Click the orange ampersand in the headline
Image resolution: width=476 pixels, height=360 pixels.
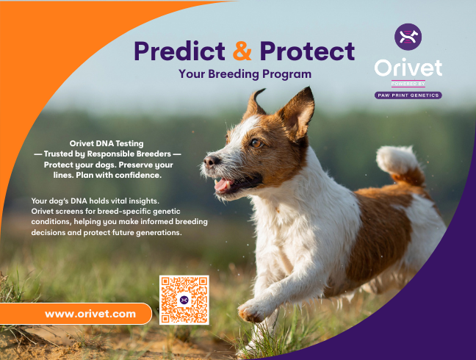[242, 51]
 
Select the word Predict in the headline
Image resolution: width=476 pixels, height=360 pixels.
[179, 51]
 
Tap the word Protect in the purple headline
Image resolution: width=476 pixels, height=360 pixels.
[307, 51]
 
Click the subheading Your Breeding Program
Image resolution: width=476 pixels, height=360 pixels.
[245, 74]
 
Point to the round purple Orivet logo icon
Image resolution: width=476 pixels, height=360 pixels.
[408, 37]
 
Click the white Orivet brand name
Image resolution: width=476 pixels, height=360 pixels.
[408, 68]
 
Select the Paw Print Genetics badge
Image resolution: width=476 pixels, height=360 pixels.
[408, 96]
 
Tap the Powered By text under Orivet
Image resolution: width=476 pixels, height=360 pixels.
[408, 84]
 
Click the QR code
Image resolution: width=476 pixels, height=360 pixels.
[184, 300]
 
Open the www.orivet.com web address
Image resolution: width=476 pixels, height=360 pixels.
[90, 314]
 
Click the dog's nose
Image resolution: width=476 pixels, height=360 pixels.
[210, 160]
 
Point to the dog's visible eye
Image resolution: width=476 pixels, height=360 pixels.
[256, 143]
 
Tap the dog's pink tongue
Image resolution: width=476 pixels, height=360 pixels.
[223, 184]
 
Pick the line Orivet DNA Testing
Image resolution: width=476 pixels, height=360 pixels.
[107, 143]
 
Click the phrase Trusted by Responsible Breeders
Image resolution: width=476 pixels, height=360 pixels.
[107, 154]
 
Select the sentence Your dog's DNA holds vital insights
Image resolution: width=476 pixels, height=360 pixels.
[95, 201]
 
